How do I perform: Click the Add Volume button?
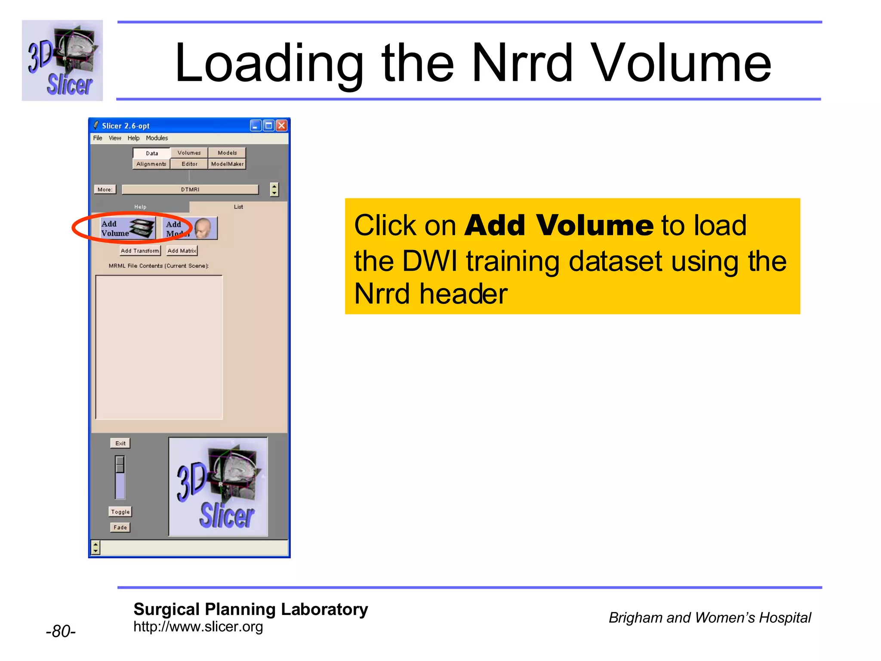click(x=127, y=228)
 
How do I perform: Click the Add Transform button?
click(x=140, y=251)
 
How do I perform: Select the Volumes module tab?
click(x=189, y=153)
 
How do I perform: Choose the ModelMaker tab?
click(x=227, y=164)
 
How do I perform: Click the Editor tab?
click(x=189, y=164)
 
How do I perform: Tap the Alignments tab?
click(x=151, y=164)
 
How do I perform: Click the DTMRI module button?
click(x=190, y=189)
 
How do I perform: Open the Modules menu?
click(x=157, y=138)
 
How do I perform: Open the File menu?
click(x=98, y=138)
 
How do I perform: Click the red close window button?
click(x=281, y=126)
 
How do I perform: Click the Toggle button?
click(x=120, y=512)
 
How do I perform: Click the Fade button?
click(x=120, y=527)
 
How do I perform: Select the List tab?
click(x=238, y=207)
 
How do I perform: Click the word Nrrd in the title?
click(x=522, y=63)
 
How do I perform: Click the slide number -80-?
click(x=61, y=631)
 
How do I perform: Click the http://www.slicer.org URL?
click(x=198, y=627)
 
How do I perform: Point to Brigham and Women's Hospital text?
click(x=709, y=618)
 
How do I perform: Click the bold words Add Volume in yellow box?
click(x=559, y=225)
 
